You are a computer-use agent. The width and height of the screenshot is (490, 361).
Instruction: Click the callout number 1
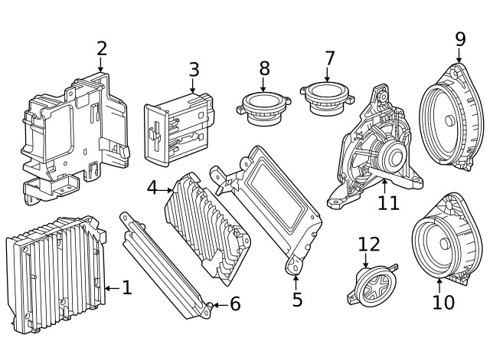[127, 288]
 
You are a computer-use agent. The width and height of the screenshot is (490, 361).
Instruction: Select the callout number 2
[102, 48]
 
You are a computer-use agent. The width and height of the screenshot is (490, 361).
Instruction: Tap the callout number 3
[194, 70]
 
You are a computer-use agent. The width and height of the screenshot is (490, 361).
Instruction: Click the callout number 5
[297, 300]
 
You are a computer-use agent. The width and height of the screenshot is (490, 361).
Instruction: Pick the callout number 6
[234, 304]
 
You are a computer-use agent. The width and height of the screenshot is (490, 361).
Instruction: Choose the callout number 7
[329, 58]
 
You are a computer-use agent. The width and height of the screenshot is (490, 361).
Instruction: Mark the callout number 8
[264, 68]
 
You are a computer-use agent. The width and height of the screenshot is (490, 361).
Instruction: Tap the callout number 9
[459, 38]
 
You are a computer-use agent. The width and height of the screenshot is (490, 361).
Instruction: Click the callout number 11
[388, 202]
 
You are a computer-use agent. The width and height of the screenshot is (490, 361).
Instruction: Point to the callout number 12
[369, 244]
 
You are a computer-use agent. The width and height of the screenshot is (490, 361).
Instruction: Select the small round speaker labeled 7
[328, 97]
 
